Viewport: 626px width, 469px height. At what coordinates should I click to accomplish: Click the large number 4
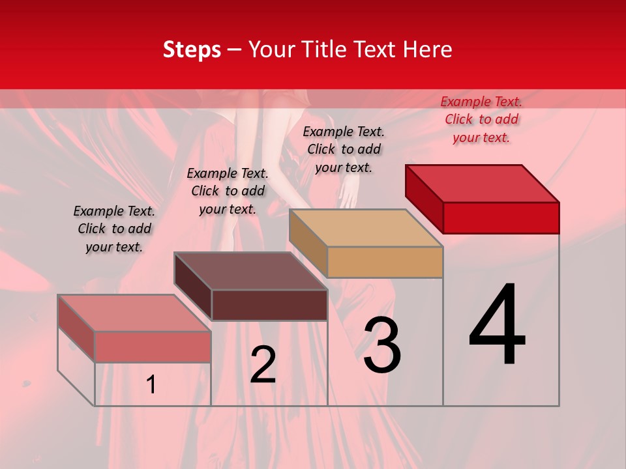(498, 326)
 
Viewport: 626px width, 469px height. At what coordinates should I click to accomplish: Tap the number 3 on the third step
(382, 345)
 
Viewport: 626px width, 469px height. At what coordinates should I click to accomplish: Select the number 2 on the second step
(263, 365)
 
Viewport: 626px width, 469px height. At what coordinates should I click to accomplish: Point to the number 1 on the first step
(151, 385)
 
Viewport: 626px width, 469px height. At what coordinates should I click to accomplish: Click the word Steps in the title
(192, 50)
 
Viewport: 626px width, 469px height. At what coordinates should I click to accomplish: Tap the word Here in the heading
(428, 50)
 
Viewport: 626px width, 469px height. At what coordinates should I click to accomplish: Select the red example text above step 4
(481, 119)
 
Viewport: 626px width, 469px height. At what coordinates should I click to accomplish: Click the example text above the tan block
(344, 149)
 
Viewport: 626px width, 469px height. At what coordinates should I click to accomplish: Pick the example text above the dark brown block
(228, 191)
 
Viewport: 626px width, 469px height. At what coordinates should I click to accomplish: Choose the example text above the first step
(114, 229)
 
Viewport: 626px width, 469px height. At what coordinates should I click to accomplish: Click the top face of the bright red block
(483, 183)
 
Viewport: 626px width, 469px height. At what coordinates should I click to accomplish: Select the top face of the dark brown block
(251, 271)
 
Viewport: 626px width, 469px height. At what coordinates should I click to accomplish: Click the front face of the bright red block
(501, 218)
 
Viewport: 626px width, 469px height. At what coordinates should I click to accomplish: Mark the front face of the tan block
(385, 263)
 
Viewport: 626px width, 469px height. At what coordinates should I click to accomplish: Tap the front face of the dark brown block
(269, 305)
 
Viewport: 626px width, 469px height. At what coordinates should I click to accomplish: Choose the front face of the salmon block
(153, 347)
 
